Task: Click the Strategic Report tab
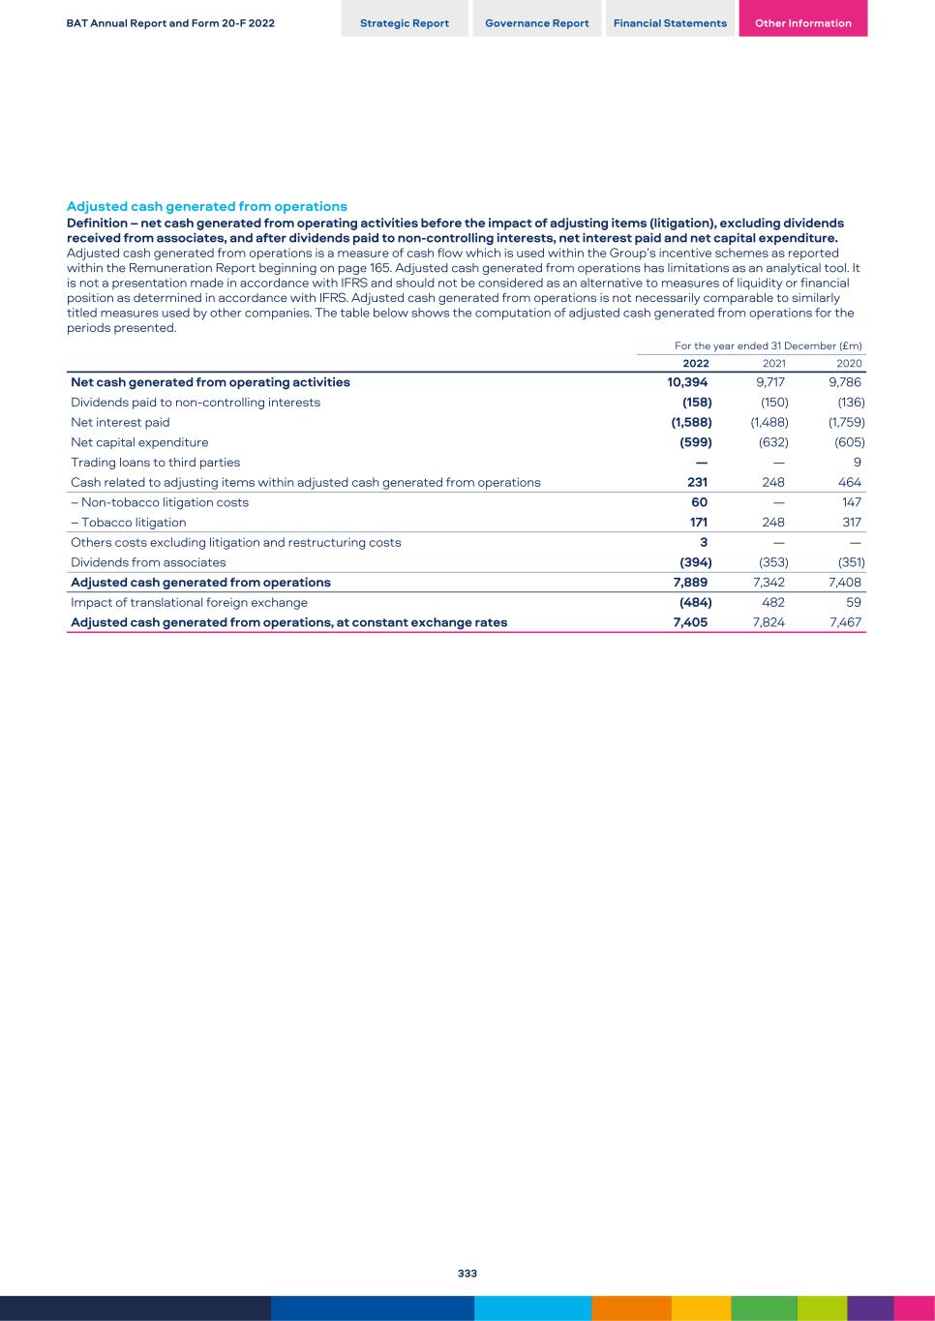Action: click(x=405, y=23)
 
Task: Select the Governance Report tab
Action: click(x=537, y=23)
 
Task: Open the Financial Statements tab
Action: click(x=670, y=23)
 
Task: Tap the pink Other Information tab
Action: click(x=802, y=23)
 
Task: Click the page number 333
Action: click(x=467, y=1274)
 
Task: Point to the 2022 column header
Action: click(x=695, y=364)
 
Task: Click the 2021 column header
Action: click(x=773, y=364)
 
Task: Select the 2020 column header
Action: click(x=849, y=364)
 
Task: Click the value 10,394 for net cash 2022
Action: click(x=687, y=382)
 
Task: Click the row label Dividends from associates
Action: click(x=148, y=562)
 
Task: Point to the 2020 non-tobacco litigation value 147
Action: click(x=851, y=502)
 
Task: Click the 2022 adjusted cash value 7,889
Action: click(x=690, y=583)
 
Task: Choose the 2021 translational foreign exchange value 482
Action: click(x=773, y=602)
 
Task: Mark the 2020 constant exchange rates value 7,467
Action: click(x=845, y=622)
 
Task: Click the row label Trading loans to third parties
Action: click(x=155, y=463)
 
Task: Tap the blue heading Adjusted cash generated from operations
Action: click(x=206, y=206)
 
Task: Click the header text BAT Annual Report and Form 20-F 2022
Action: click(x=170, y=23)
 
